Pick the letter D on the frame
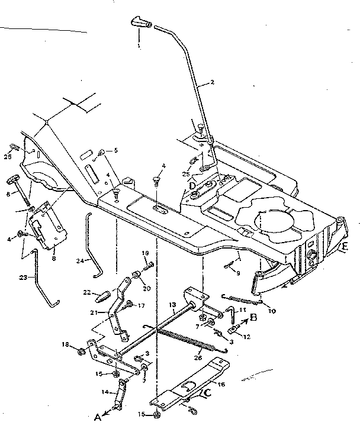192,186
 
